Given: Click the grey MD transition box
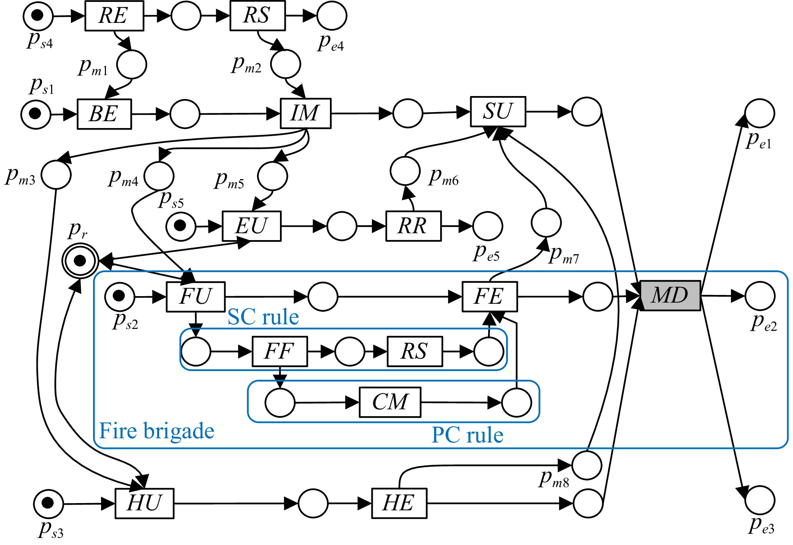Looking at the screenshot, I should [670, 296].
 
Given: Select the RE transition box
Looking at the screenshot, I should [114, 16].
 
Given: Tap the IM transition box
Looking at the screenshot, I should [306, 114].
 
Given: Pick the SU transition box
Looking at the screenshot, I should [498, 112].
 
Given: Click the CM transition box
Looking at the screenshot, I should [390, 402].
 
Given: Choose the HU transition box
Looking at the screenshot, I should [144, 503].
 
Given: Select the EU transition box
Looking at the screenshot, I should [252, 226].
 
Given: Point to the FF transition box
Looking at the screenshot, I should [280, 351].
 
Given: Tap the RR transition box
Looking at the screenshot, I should [413, 226].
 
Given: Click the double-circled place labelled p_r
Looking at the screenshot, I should [80, 261].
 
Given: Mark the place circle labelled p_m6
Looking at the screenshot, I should [405, 171].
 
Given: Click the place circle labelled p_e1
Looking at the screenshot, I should [759, 113].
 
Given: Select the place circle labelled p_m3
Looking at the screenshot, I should [56, 175].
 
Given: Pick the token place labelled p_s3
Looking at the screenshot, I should [48, 503].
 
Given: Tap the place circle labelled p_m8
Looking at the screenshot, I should [587, 465].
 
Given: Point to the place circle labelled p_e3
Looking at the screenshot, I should [760, 500].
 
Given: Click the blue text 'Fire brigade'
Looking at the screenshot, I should [156, 431].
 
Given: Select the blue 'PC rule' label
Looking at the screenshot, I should [467, 435].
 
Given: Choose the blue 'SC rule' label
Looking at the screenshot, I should [263, 317].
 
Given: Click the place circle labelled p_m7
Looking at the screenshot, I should [546, 223].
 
